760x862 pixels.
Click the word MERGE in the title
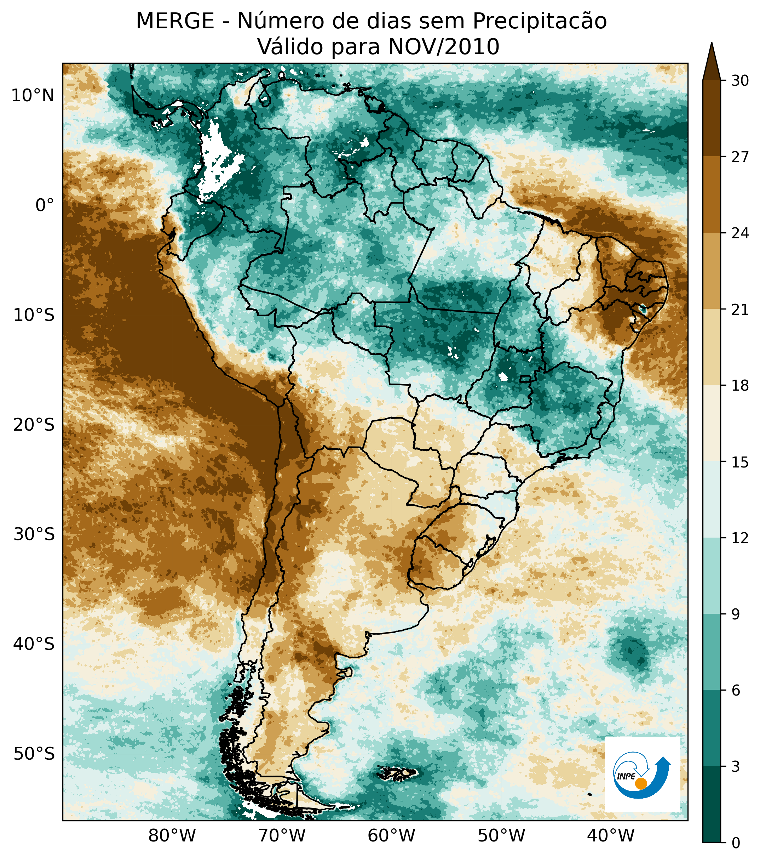(x=175, y=21)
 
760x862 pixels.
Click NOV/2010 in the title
(x=444, y=47)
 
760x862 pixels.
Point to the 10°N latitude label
(x=33, y=96)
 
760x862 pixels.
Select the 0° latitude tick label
(x=45, y=205)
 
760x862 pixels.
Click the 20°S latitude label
(x=34, y=425)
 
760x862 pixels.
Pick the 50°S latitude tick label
(x=34, y=754)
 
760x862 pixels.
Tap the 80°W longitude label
(x=172, y=835)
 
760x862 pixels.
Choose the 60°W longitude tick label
(x=391, y=835)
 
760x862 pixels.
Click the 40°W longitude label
(x=610, y=835)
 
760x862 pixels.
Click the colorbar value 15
(x=740, y=462)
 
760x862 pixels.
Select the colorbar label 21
(x=740, y=310)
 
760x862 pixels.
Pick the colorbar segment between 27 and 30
(x=712, y=118)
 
